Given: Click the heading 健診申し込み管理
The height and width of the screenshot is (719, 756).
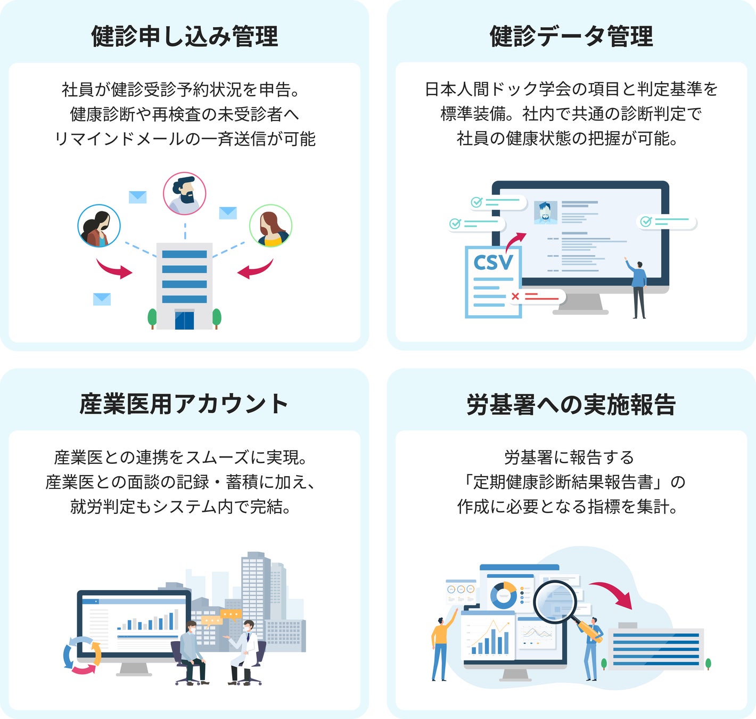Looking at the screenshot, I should [x=184, y=37].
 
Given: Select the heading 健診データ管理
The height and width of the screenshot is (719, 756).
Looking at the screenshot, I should [x=571, y=37].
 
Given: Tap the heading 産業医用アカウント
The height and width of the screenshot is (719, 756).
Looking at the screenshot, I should [x=184, y=404].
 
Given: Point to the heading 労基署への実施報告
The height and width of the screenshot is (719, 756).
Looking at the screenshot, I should [x=571, y=405].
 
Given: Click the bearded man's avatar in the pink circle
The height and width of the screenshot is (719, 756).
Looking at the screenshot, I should [x=184, y=193].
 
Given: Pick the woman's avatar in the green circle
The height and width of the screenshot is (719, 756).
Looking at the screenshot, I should [x=270, y=226].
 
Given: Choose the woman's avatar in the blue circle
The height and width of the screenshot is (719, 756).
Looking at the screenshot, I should [x=99, y=226].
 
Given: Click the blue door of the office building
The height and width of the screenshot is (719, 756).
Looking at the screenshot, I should [x=184, y=321].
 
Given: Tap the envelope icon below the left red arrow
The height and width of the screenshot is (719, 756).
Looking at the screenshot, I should [x=102, y=299].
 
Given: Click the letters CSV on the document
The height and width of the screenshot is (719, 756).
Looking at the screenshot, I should [x=493, y=262].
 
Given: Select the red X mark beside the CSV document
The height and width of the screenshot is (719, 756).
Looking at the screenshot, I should [x=515, y=296].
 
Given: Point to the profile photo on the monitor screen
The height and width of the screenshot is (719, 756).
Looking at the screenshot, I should [x=545, y=213].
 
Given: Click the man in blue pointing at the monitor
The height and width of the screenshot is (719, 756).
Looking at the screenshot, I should [x=638, y=288].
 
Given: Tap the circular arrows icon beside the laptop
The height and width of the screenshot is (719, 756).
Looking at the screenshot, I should [x=82, y=655].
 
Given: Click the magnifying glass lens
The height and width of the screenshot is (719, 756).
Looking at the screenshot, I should [x=555, y=601].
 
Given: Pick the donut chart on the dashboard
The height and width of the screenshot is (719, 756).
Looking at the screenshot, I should [x=503, y=594].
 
